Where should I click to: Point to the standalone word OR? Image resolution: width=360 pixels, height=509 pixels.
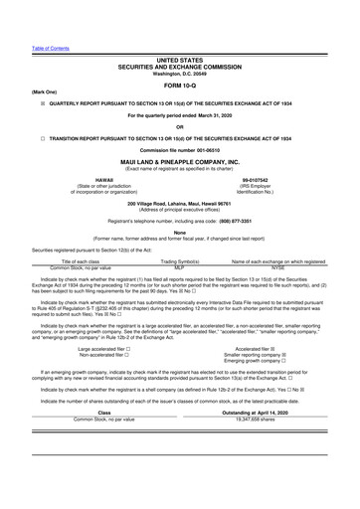[x=179, y=126]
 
